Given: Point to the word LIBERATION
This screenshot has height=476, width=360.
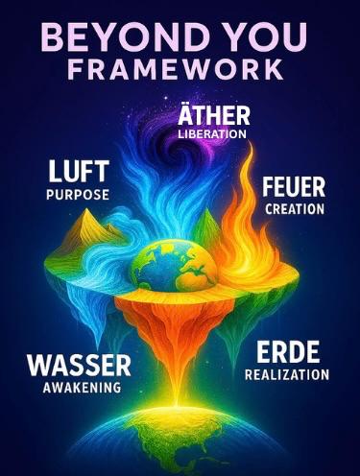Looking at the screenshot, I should pyautogui.click(x=213, y=134).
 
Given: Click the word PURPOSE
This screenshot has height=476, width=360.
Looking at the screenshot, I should pyautogui.click(x=77, y=194).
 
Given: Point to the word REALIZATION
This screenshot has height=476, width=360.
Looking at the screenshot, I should pyautogui.click(x=287, y=373).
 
